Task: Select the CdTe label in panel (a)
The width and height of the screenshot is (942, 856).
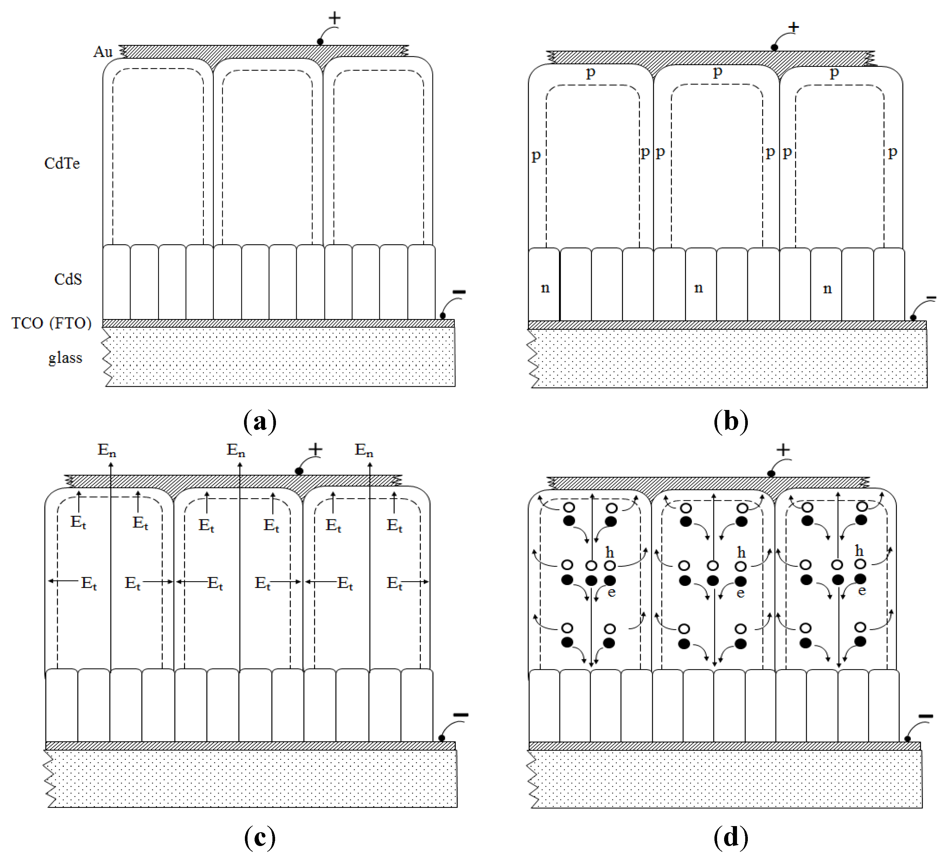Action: tap(62, 164)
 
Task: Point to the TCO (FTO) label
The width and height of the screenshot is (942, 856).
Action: tap(51, 323)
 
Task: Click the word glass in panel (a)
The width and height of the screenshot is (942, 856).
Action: tap(65, 357)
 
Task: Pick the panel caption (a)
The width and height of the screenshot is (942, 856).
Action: tap(260, 421)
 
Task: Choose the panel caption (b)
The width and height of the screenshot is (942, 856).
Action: tap(731, 421)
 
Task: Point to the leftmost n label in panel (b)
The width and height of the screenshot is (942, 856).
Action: tap(545, 288)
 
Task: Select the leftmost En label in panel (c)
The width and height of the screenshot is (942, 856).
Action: tap(106, 450)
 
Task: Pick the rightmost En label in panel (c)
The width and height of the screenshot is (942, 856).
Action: tap(364, 450)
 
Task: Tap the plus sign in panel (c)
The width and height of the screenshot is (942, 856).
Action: tap(315, 450)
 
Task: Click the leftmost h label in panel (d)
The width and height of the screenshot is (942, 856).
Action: tap(609, 552)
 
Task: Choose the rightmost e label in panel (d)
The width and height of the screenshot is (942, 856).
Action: tap(862, 591)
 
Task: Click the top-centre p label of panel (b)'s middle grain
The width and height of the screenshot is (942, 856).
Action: tap(718, 72)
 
